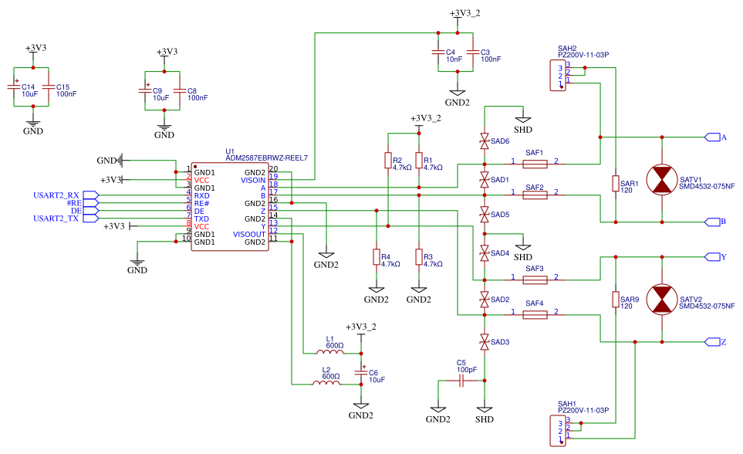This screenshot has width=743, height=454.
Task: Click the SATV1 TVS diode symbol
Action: (662, 180)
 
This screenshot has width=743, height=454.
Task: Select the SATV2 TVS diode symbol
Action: (662, 300)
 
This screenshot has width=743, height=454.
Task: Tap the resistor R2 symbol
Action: (387, 160)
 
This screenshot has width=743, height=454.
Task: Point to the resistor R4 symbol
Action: (377, 257)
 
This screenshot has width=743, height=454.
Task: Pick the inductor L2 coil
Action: (326, 383)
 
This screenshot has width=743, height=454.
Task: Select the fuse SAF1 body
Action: (535, 164)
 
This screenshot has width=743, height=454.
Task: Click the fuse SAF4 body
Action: (535, 314)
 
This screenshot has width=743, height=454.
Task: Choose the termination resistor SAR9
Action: (615, 300)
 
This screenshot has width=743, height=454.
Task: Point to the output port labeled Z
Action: (714, 341)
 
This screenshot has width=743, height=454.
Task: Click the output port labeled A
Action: (714, 137)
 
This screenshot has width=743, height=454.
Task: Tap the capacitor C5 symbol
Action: (461, 381)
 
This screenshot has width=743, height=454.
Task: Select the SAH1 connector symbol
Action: (557, 429)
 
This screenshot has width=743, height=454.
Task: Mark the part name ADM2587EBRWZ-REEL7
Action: (266, 158)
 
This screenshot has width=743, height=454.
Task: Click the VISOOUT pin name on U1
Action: (248, 234)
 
